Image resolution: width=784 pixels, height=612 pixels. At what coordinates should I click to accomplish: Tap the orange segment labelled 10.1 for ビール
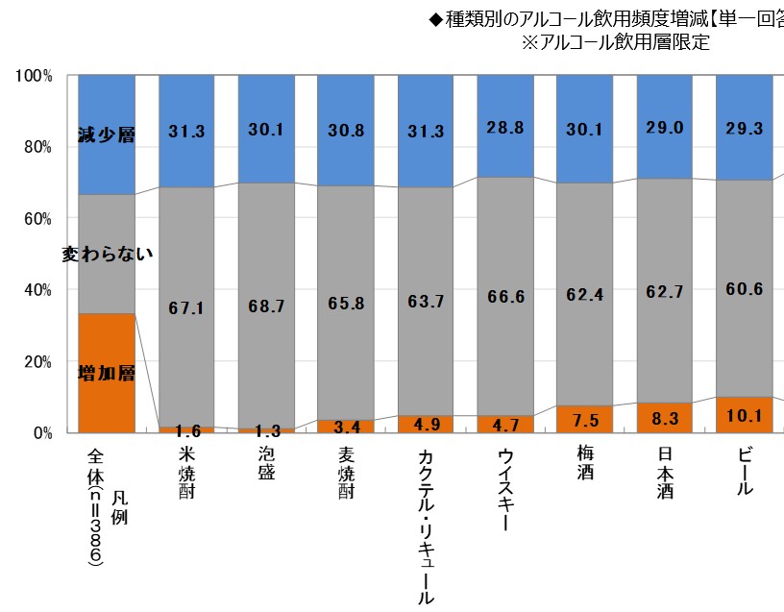click(744, 414)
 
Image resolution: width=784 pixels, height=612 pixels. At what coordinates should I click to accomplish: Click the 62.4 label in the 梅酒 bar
click(584, 295)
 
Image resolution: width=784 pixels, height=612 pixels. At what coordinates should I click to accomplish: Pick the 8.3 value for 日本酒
click(664, 418)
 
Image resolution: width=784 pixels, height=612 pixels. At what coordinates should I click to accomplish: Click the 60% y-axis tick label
click(37, 218)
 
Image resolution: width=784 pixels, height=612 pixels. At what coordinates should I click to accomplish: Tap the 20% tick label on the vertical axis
click(37, 361)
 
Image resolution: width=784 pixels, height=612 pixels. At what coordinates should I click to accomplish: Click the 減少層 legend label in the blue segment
click(106, 135)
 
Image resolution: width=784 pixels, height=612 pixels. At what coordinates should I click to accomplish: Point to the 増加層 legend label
click(106, 372)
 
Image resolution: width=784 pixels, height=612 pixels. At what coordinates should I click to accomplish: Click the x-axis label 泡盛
click(266, 462)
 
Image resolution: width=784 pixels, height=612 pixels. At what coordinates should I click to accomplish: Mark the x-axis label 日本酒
click(664, 470)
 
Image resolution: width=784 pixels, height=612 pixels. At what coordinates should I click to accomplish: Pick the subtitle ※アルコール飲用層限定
click(615, 43)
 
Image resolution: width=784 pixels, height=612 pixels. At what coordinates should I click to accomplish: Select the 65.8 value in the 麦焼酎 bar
click(346, 303)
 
